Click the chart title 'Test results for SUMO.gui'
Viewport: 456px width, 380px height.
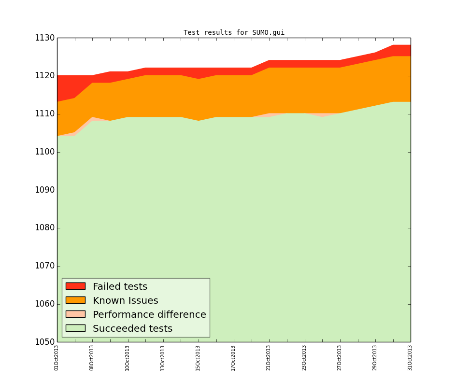pyautogui.click(x=234, y=33)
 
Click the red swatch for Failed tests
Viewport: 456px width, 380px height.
pyautogui.click(x=75, y=286)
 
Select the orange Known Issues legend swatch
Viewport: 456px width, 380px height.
pyautogui.click(x=75, y=300)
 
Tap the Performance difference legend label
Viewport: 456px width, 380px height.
pyautogui.click(x=149, y=315)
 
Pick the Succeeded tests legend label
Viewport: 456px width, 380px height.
pyautogui.click(x=132, y=329)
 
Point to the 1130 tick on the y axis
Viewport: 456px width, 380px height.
pyautogui.click(x=43, y=38)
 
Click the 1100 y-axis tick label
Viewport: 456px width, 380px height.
pyautogui.click(x=43, y=152)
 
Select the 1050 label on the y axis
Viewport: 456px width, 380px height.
pyautogui.click(x=43, y=342)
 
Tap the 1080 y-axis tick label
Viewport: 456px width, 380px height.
pyautogui.click(x=43, y=228)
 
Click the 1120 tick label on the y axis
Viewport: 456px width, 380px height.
pyautogui.click(x=43, y=76)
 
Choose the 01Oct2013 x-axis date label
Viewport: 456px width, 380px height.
pyautogui.click(x=57, y=358)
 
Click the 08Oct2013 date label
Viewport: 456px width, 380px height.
pyautogui.click(x=92, y=358)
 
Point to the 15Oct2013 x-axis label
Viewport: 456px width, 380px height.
pyautogui.click(x=198, y=358)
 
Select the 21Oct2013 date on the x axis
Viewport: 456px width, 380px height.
pyautogui.click(x=269, y=358)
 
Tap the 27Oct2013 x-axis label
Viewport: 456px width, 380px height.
pyautogui.click(x=340, y=358)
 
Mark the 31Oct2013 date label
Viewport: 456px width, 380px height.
pyautogui.click(x=410, y=358)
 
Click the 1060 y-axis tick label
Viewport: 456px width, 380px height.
pyautogui.click(x=43, y=304)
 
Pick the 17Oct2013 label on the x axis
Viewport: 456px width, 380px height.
pyautogui.click(x=233, y=358)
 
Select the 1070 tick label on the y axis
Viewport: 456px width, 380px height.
pyautogui.click(x=43, y=266)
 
